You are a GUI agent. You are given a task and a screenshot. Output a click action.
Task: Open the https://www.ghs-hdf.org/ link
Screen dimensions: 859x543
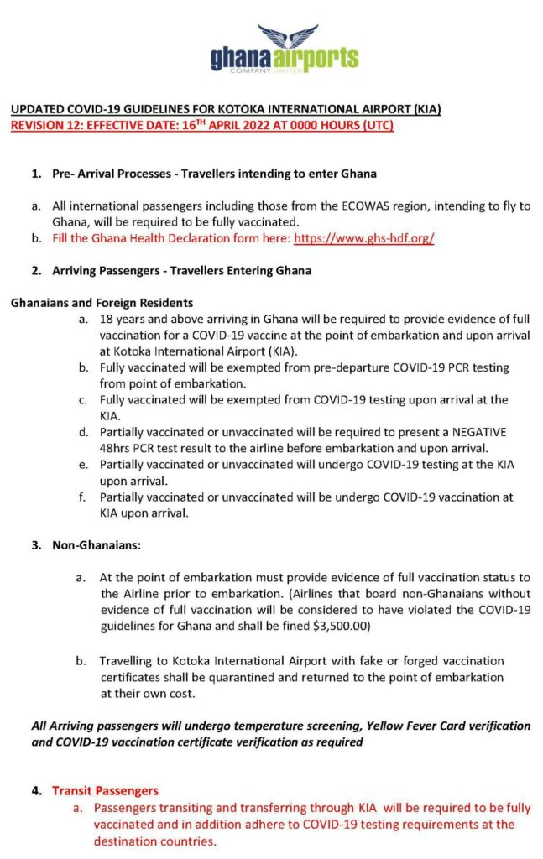tap(363, 238)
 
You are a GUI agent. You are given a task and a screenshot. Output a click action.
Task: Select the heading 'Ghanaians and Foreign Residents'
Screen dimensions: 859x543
tap(102, 302)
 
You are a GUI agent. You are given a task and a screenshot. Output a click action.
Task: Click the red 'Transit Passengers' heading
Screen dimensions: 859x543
tap(105, 790)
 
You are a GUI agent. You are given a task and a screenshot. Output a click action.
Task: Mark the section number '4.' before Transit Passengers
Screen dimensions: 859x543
tap(38, 790)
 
